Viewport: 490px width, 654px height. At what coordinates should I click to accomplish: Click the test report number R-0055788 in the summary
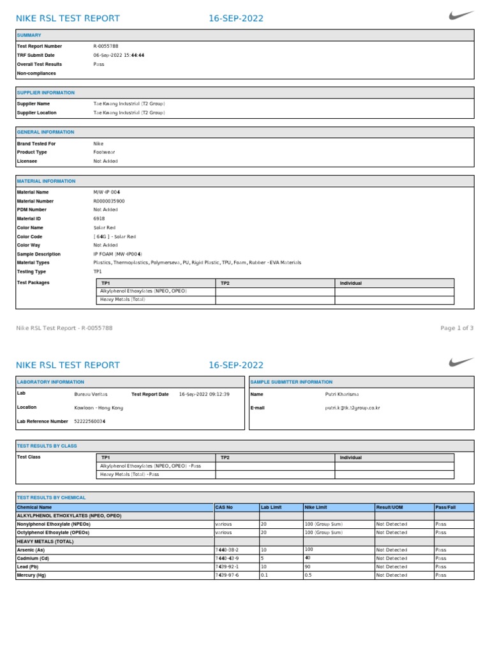tap(107, 47)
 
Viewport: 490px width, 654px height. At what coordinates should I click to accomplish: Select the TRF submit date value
tap(119, 56)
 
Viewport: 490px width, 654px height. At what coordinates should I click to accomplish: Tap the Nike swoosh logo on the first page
tap(461, 15)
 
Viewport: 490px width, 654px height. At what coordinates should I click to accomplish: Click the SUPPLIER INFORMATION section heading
tap(45, 93)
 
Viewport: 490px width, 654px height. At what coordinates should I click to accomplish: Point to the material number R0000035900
tap(109, 201)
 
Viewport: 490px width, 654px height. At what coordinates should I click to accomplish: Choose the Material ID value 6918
tap(99, 218)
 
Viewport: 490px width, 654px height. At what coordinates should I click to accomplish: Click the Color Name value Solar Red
tap(105, 227)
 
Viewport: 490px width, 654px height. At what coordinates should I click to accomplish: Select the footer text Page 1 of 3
tap(457, 328)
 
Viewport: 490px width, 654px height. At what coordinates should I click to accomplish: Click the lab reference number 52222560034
tap(91, 422)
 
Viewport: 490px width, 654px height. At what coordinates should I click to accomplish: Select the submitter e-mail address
tap(352, 407)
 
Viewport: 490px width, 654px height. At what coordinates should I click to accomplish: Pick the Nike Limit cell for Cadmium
tap(308, 558)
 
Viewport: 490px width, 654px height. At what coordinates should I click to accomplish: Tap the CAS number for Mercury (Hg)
tap(227, 575)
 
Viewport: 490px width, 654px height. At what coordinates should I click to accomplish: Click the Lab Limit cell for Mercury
tap(264, 575)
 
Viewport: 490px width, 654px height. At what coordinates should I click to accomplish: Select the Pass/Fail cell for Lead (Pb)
tap(441, 567)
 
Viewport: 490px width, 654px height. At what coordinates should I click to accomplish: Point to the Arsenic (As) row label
tap(31, 549)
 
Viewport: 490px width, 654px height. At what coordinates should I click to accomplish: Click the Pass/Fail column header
tap(445, 507)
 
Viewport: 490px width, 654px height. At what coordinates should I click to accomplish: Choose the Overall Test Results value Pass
tap(99, 65)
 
